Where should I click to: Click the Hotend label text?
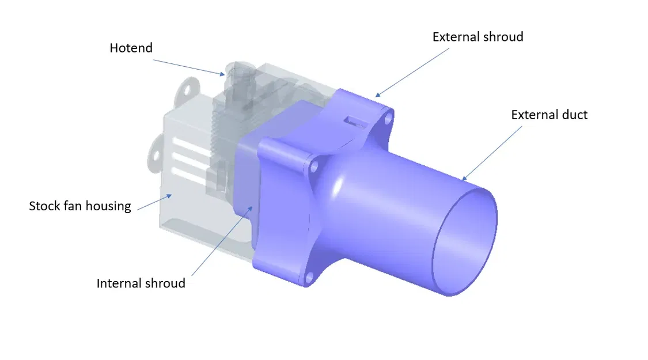[131, 48]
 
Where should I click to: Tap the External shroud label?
[478, 37]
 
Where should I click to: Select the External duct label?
[549, 115]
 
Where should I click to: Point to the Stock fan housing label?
[80, 206]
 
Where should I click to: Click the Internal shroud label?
[141, 283]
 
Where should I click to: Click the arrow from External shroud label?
[412, 71]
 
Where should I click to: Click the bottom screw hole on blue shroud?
[309, 279]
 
